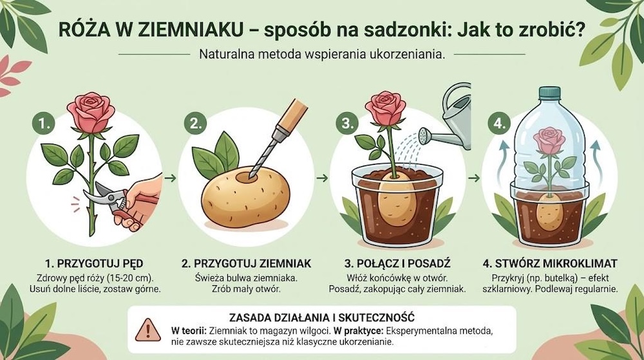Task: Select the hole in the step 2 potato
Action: tap(247, 175)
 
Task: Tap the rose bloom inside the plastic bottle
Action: tap(549, 140)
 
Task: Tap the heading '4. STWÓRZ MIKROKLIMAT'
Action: tap(550, 263)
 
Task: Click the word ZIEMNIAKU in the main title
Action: tap(144, 30)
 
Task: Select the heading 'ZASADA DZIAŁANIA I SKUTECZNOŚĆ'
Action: tap(321, 316)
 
